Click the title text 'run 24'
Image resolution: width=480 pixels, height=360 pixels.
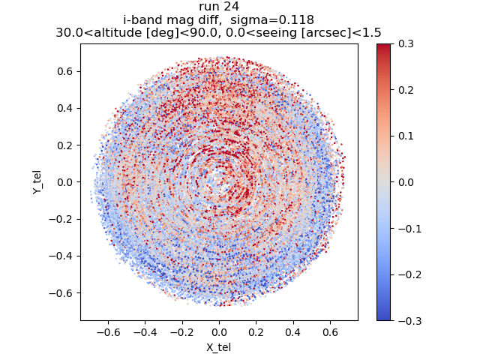pyautogui.click(x=219, y=7)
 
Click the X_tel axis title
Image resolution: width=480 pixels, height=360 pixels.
pyautogui.click(x=219, y=348)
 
